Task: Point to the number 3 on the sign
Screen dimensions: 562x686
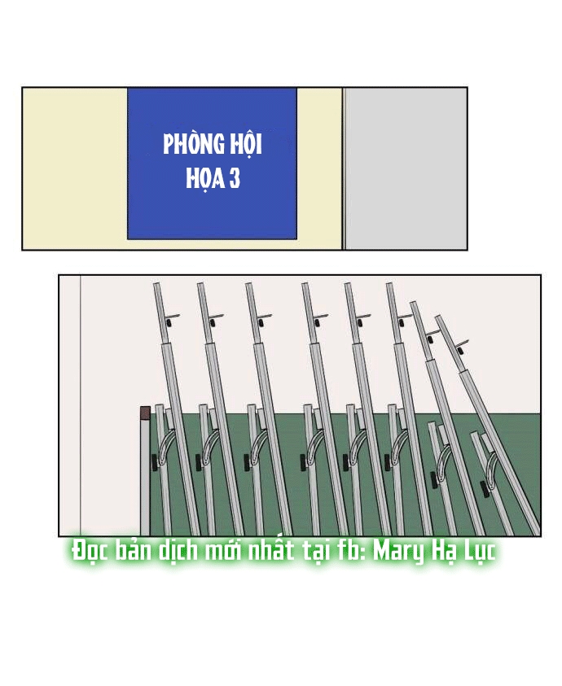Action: tap(234, 178)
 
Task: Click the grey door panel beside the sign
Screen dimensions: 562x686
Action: tap(406, 168)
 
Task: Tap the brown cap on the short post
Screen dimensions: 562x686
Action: tap(145, 412)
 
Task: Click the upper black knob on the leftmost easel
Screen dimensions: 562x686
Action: tap(169, 323)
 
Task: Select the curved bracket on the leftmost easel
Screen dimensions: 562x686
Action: tap(165, 446)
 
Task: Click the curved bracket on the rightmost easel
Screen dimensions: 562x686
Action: tap(492, 465)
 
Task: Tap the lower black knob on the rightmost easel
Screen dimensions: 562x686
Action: tap(485, 489)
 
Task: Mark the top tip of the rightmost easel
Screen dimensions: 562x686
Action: tap(438, 317)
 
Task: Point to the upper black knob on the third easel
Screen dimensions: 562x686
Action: tap(260, 323)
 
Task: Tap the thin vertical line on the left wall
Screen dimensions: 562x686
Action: tap(80, 405)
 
